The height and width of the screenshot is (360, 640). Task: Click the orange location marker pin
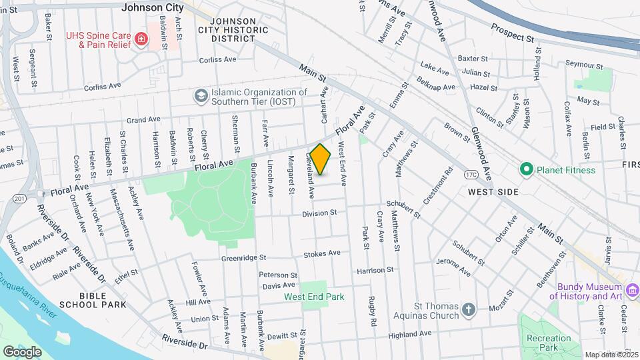click(321, 159)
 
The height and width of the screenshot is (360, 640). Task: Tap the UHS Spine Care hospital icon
click(141, 39)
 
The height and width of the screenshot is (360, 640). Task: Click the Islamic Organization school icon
click(200, 97)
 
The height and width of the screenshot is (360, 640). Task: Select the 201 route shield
click(19, 198)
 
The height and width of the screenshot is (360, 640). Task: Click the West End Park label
click(314, 297)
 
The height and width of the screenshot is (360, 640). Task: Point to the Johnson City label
click(153, 8)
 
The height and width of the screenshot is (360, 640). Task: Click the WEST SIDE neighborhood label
click(493, 191)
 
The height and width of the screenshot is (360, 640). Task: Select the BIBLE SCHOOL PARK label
click(93, 299)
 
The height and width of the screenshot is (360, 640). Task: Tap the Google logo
click(22, 351)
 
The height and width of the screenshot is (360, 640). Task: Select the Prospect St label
click(513, 32)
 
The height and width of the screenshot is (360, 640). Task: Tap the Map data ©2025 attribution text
click(611, 355)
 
